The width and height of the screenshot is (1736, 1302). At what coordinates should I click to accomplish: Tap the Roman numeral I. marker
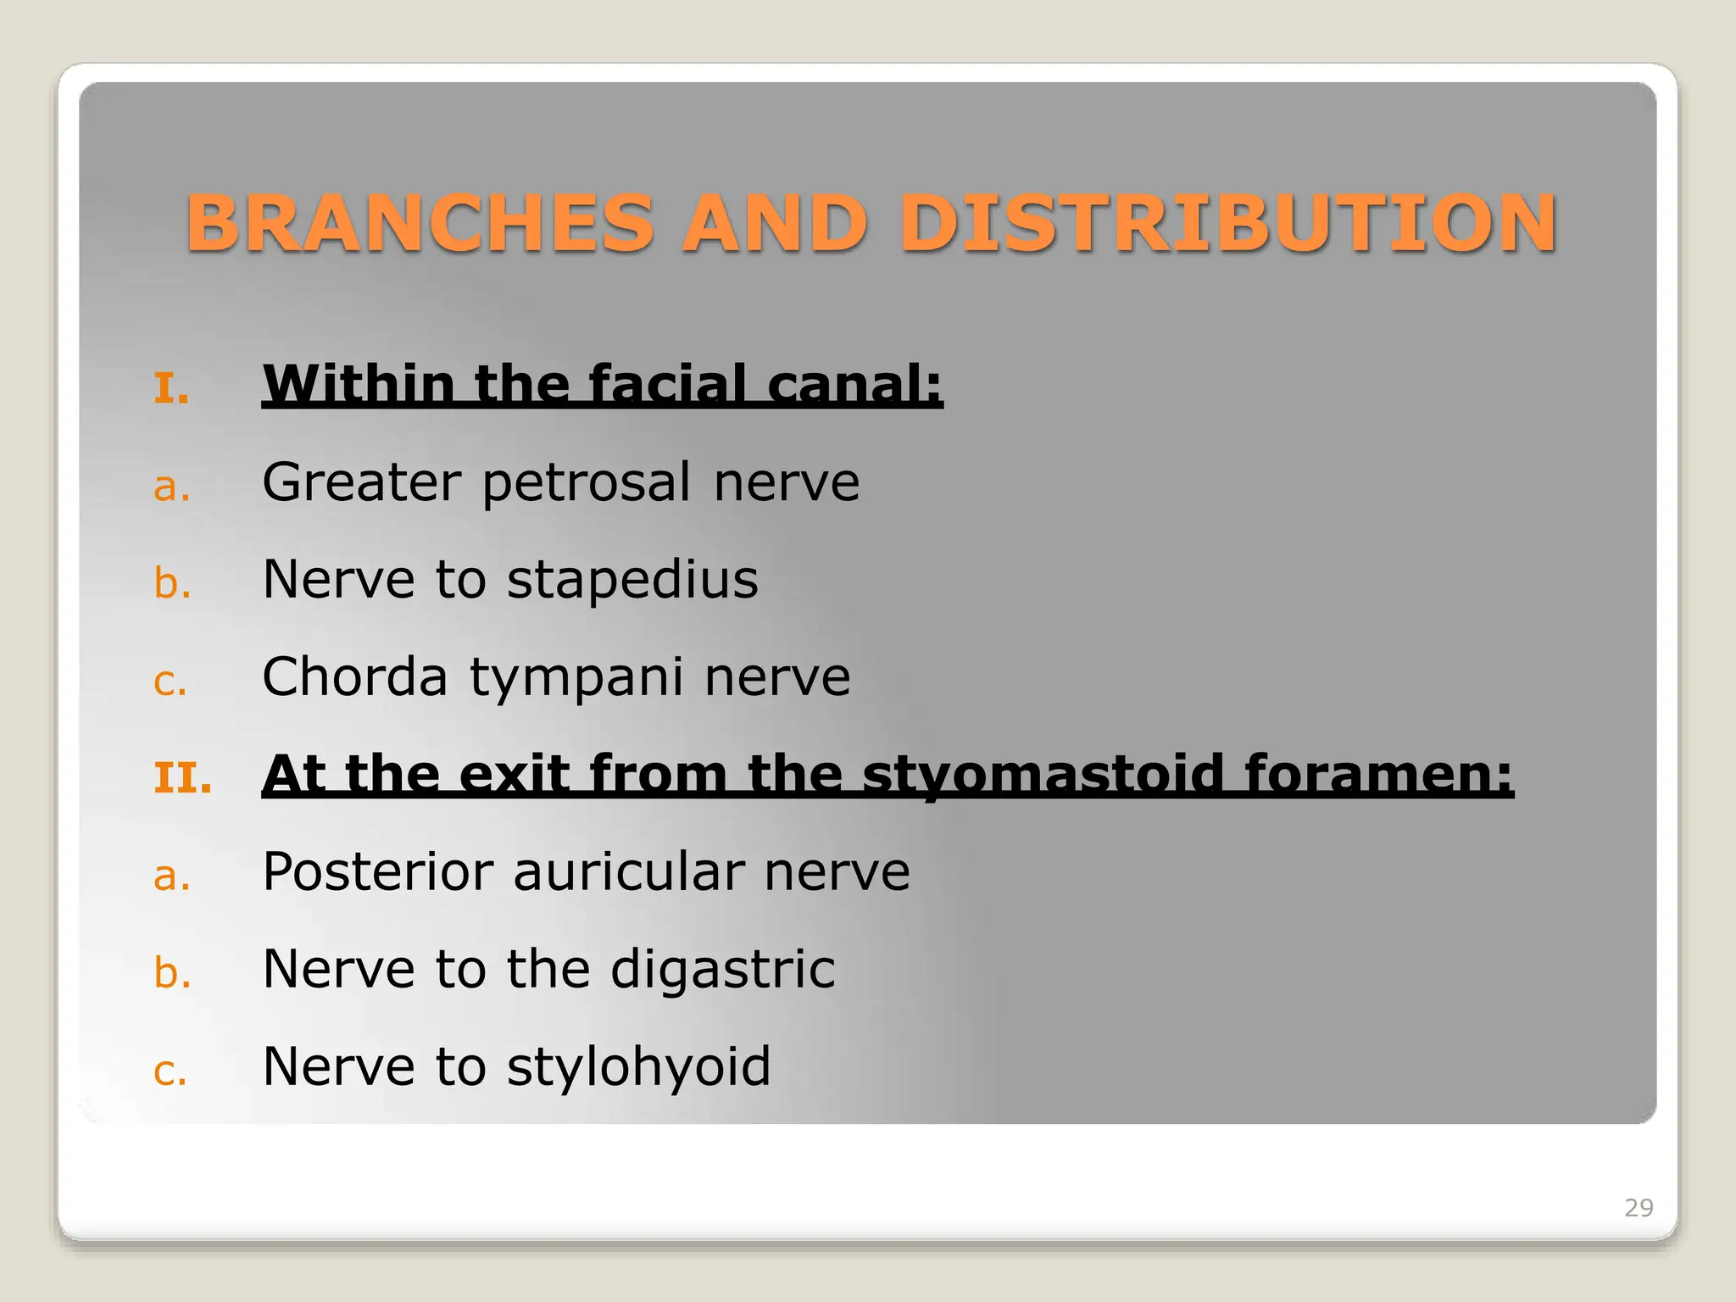(x=171, y=389)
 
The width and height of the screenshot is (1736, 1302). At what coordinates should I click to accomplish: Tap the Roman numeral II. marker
(x=182, y=778)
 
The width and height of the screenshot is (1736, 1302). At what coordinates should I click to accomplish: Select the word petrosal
(x=587, y=483)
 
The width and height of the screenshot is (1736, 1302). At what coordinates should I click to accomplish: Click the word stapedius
(x=632, y=581)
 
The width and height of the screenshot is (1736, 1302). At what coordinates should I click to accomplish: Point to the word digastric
(x=722, y=971)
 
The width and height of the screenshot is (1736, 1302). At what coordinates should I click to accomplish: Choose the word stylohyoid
(x=638, y=1067)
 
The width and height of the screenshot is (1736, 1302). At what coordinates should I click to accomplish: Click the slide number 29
(x=1638, y=1208)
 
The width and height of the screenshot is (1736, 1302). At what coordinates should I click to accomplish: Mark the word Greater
(x=361, y=483)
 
